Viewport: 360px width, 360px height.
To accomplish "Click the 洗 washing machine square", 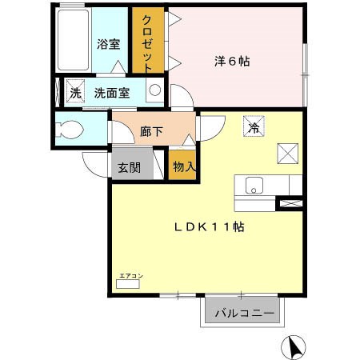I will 75,91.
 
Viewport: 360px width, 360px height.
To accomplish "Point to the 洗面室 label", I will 112,92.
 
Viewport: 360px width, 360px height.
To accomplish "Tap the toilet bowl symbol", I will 70,129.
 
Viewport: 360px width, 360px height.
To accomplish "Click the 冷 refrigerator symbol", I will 254,126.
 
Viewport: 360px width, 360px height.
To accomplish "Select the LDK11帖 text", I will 209,227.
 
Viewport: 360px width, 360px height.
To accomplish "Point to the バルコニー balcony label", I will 244,312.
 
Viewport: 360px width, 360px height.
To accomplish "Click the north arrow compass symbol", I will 294,345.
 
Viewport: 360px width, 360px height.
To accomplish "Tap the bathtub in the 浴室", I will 74,42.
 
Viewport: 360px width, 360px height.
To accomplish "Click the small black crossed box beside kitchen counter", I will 288,204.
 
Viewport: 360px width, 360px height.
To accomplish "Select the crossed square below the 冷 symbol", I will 287,151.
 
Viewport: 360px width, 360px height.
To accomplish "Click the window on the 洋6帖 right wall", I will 305,60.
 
